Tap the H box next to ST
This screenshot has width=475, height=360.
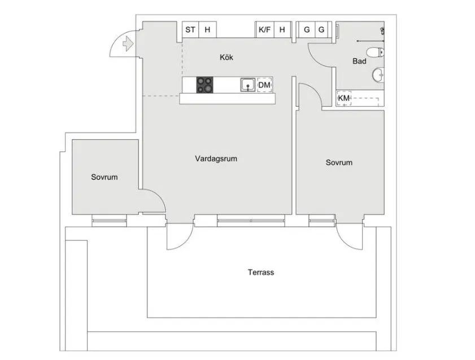[x=207, y=30]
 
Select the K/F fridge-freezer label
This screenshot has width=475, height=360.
[x=264, y=30]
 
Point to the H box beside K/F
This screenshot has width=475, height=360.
[x=282, y=30]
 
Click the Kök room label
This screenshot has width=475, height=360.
[x=226, y=57]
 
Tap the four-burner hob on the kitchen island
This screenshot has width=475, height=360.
[x=206, y=85]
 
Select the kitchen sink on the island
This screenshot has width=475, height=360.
[x=247, y=85]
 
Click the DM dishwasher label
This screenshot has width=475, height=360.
[x=264, y=85]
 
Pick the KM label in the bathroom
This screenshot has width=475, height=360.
[x=343, y=98]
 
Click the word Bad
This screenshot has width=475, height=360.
[x=359, y=61]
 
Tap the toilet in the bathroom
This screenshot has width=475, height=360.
[x=375, y=54]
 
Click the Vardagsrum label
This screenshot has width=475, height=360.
[x=216, y=159]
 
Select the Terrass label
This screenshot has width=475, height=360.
[x=261, y=272]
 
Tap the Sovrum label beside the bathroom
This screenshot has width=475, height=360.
[x=339, y=163]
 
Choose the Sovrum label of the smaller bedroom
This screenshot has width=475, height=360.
[x=104, y=177]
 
